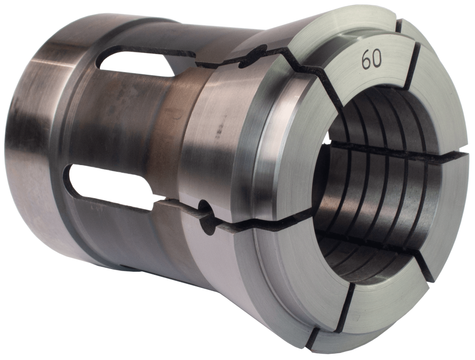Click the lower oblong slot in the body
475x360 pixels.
pyautogui.click(x=112, y=180)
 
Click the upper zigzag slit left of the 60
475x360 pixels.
pyautogui.click(x=310, y=67)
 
